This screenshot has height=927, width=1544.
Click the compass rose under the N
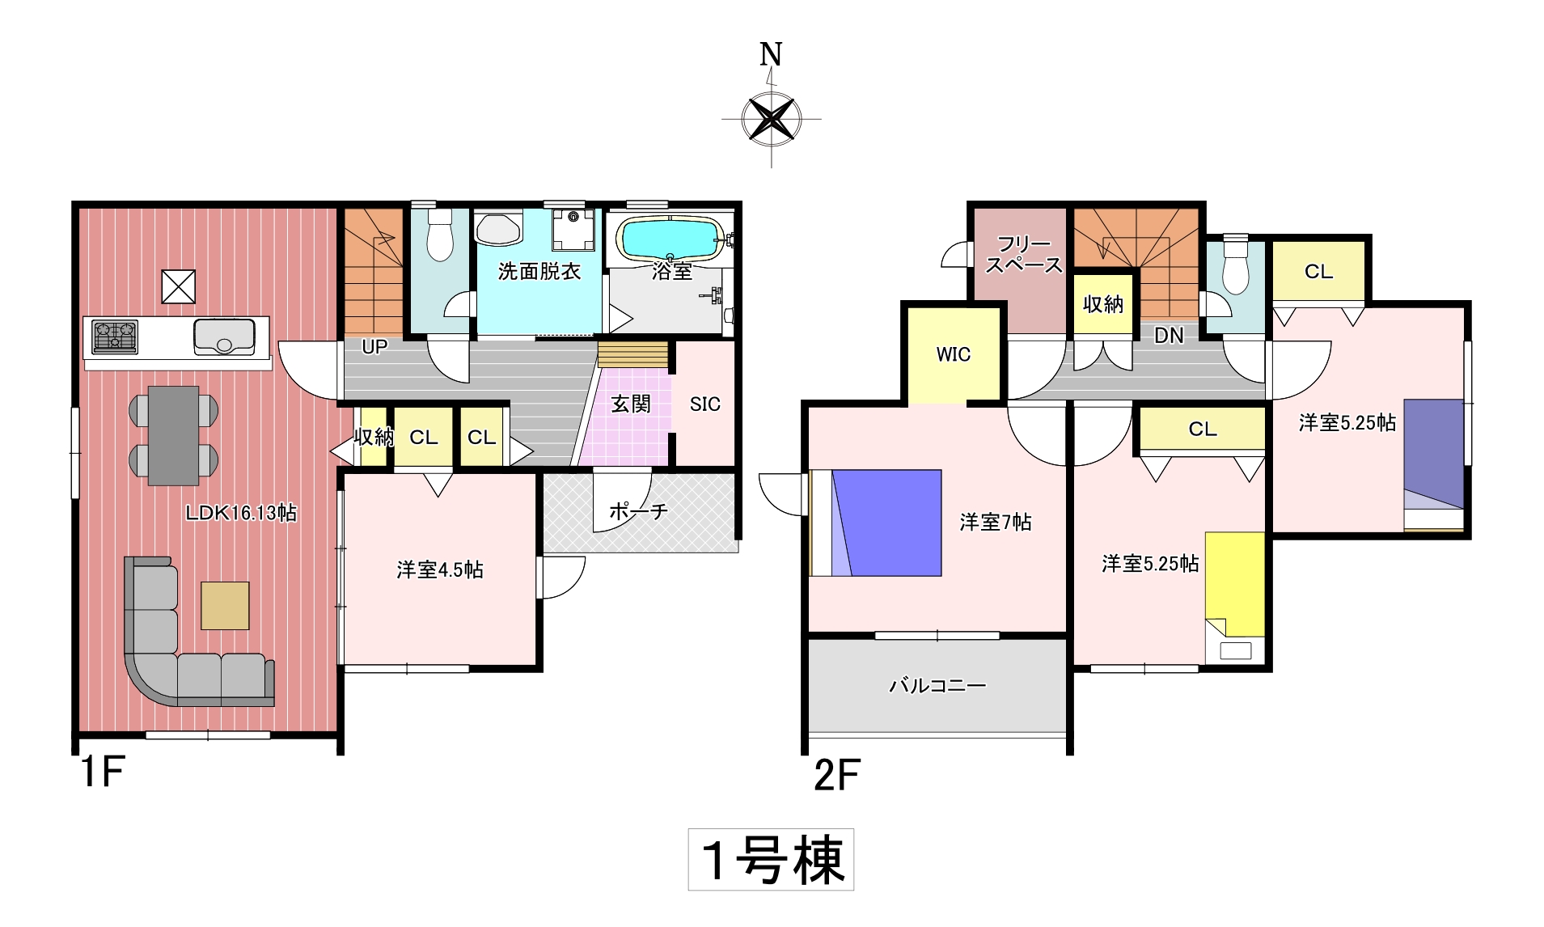click(771, 119)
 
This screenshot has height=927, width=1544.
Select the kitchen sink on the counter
click(224, 337)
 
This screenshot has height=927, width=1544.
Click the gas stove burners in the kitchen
click(115, 337)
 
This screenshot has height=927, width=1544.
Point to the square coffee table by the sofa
click(226, 605)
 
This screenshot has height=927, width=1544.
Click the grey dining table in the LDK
click(173, 435)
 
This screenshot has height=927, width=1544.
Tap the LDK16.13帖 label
click(241, 512)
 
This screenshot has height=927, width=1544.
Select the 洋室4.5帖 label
click(440, 570)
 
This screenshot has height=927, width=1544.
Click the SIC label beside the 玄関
click(704, 404)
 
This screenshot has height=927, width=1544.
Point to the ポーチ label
click(638, 510)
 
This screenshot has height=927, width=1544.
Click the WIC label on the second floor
click(954, 354)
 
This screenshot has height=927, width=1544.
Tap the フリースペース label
click(1024, 254)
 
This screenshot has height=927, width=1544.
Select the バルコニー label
click(938, 686)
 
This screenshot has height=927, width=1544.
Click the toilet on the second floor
click(1236, 265)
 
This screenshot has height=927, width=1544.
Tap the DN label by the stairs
click(1169, 335)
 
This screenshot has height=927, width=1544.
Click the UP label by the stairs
click(374, 347)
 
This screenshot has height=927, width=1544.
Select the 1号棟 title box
click(771, 860)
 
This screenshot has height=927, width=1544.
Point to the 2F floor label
click(837, 775)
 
